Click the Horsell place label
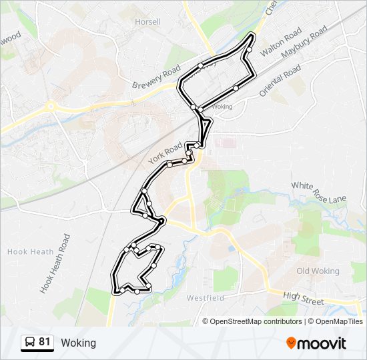click(x=147, y=21)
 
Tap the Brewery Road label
click(x=157, y=77)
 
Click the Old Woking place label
click(x=318, y=271)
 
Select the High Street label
click(x=303, y=297)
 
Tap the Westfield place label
click(x=206, y=297)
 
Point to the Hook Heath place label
click(x=27, y=251)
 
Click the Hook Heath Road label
click(x=55, y=263)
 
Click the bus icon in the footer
click(x=30, y=343)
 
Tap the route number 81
click(x=45, y=342)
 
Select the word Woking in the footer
click(x=78, y=343)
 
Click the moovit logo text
click(x=322, y=343)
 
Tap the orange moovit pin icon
click(x=291, y=343)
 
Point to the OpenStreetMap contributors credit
click(x=252, y=321)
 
